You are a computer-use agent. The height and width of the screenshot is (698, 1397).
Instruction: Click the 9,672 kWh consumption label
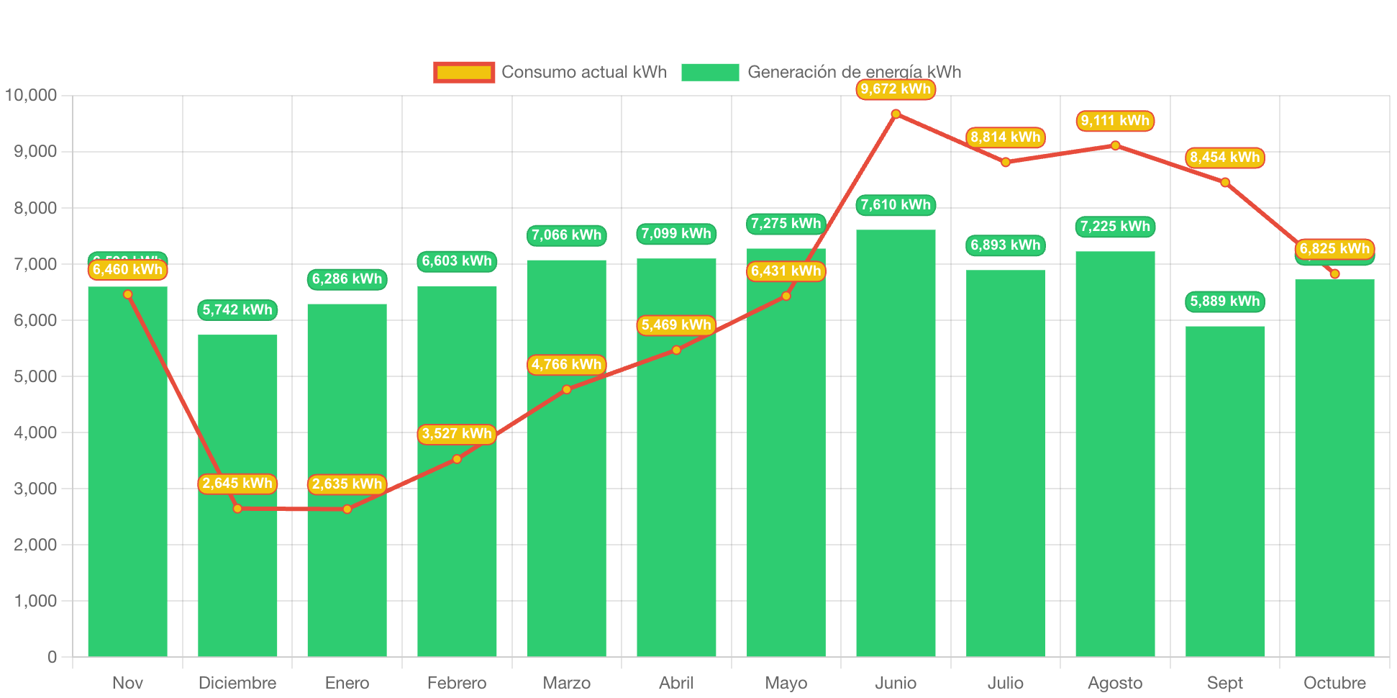tap(896, 89)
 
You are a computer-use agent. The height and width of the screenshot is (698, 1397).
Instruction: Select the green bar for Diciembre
tap(237, 561)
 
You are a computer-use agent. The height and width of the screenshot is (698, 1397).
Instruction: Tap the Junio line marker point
tap(896, 114)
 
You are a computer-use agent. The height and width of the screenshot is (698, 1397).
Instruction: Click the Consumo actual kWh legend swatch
tap(464, 72)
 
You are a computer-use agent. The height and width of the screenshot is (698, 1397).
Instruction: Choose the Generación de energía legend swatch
tap(710, 72)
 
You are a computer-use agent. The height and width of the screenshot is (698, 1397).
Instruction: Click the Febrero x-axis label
tap(457, 682)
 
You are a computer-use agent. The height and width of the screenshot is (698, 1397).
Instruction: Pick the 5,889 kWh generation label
tap(1224, 302)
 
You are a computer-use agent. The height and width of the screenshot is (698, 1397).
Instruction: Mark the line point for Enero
tap(347, 509)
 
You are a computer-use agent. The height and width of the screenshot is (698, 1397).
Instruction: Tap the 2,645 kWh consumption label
tap(237, 484)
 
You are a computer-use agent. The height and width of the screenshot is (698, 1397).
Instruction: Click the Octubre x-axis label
tap(1334, 682)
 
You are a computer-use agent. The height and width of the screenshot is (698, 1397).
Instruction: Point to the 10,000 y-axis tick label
tap(31, 95)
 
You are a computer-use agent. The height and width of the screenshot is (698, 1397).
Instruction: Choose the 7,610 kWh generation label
tap(896, 205)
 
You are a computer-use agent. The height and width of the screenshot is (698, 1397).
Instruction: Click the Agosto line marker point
tap(1115, 145)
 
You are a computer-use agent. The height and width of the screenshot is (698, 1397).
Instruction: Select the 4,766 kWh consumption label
tap(566, 365)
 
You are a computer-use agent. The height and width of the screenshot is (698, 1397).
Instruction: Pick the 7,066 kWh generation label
tap(566, 235)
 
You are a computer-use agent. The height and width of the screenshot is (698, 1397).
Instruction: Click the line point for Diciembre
tap(237, 508)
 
